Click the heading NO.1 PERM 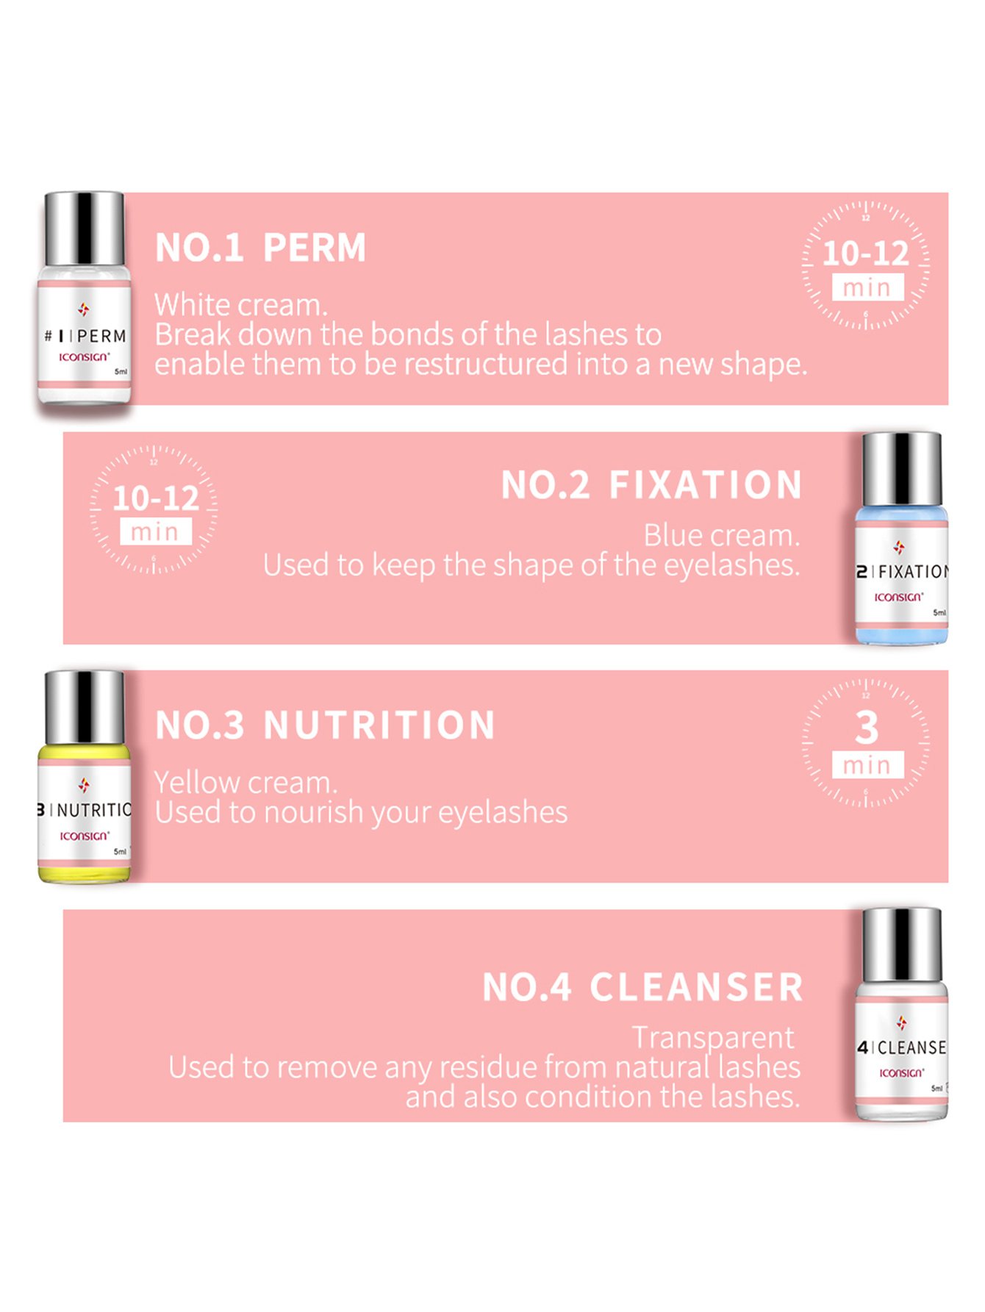261,248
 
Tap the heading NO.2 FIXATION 651,485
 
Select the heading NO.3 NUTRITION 326,725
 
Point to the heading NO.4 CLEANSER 642,987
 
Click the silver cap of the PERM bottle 84,229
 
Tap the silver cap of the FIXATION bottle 901,469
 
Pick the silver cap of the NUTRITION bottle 84,707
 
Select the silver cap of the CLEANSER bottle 901,945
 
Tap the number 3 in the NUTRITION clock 867,728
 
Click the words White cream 241,305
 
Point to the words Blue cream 722,536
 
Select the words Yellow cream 246,783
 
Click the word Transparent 713,1038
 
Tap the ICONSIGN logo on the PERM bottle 85,356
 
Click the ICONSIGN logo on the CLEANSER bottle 902,1073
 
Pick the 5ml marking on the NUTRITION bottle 120,852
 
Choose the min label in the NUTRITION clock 867,765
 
